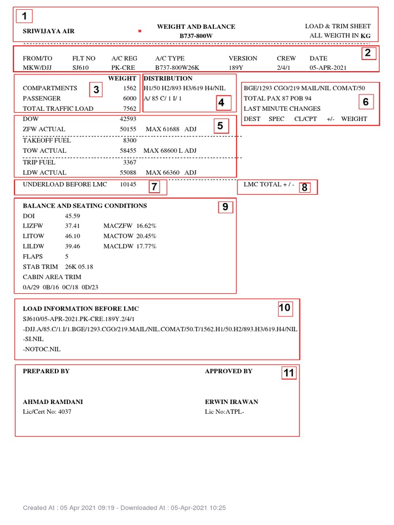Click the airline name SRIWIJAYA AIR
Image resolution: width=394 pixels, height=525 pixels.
tap(49, 31)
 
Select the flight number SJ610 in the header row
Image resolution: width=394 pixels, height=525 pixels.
tap(81, 67)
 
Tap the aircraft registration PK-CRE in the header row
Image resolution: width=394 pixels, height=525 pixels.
tap(122, 67)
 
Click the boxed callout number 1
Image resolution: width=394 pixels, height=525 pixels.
tap(24, 16)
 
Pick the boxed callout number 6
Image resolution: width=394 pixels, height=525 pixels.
tap(366, 102)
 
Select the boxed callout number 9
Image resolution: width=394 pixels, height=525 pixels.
tap(225, 207)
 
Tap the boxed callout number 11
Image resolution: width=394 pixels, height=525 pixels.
tap(289, 373)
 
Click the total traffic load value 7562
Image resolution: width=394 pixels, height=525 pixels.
tap(129, 109)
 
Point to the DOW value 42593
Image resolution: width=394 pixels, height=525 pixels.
tap(128, 119)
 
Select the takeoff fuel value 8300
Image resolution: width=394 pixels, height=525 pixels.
tap(130, 140)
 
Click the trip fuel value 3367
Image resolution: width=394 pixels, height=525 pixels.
tap(130, 162)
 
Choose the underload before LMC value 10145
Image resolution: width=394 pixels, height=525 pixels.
tap(128, 185)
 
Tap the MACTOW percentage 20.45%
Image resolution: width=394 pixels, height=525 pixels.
tap(146, 236)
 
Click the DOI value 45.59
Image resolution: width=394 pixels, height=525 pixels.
tap(72, 216)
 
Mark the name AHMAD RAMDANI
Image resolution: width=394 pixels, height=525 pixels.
tap(53, 402)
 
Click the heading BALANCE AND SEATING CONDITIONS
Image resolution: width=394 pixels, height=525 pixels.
tap(85, 206)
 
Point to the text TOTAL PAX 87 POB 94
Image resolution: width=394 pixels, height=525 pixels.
tap(278, 98)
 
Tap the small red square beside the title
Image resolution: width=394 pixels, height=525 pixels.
tap(140, 31)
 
